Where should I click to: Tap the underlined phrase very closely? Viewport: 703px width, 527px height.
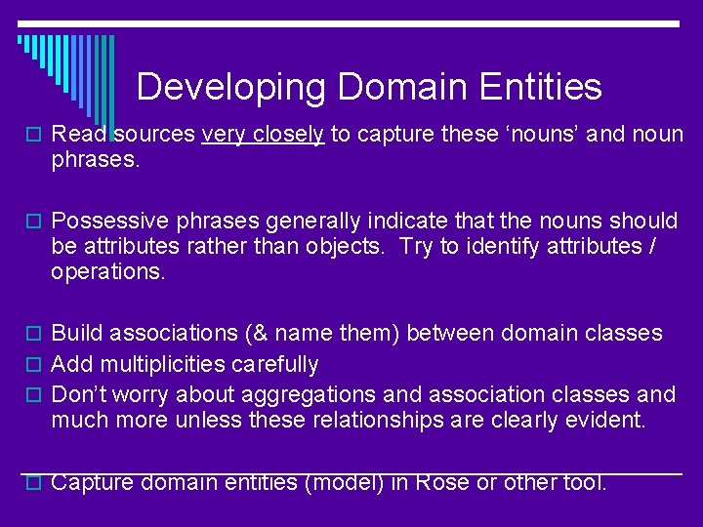tap(263, 135)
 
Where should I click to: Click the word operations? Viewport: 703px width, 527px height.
tap(107, 271)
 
